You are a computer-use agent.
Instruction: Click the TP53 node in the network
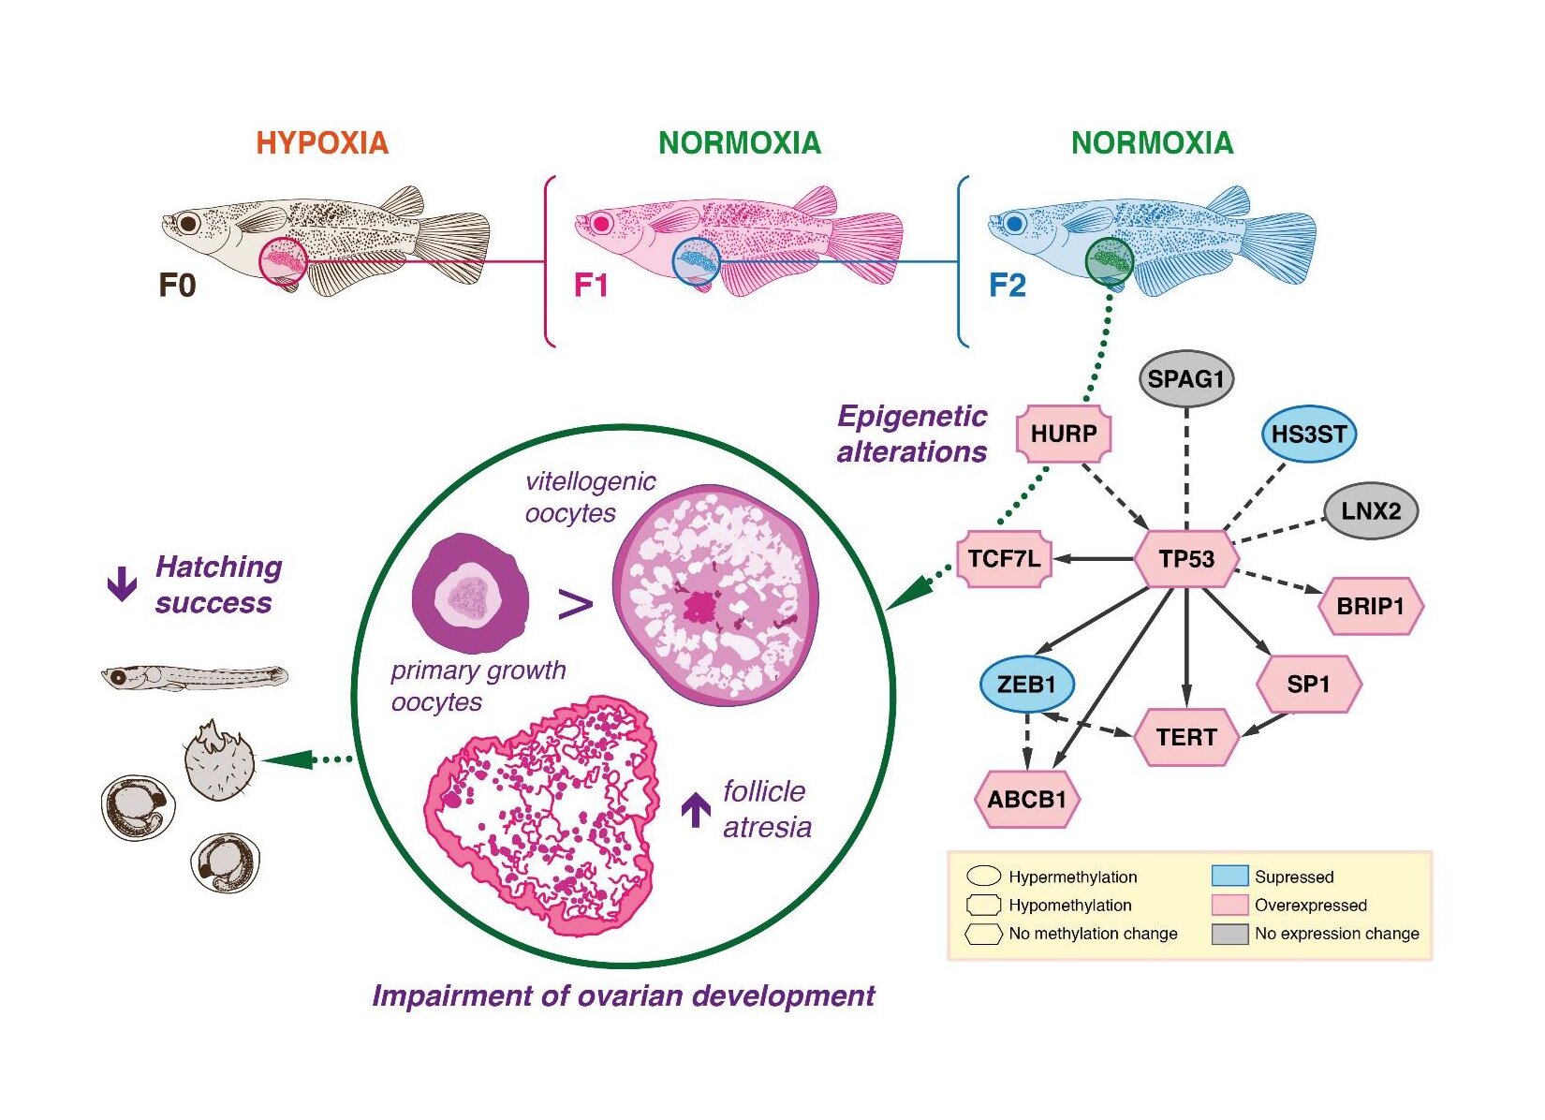[1186, 559]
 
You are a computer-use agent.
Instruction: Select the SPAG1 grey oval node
[1186, 379]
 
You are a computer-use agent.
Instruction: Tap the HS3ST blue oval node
[1309, 435]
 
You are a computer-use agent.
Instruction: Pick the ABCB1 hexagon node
[1027, 800]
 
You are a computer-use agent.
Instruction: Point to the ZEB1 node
[1026, 685]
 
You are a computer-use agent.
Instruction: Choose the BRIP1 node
[1371, 606]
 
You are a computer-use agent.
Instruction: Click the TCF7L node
[1004, 559]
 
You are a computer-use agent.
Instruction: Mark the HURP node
[1064, 434]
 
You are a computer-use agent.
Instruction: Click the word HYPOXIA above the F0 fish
[322, 143]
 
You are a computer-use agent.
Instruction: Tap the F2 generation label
[1008, 285]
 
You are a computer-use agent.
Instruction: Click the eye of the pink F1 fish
[600, 223]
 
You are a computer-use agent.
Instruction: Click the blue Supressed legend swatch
[1229, 877]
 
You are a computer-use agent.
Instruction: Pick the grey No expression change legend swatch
[1229, 934]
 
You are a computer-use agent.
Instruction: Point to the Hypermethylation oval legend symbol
[983, 877]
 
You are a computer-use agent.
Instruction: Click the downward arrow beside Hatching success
[122, 584]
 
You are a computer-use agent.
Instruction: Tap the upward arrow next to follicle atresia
[696, 809]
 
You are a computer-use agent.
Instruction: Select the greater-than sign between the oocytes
[576, 605]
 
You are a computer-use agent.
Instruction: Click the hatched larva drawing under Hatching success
[194, 676]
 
